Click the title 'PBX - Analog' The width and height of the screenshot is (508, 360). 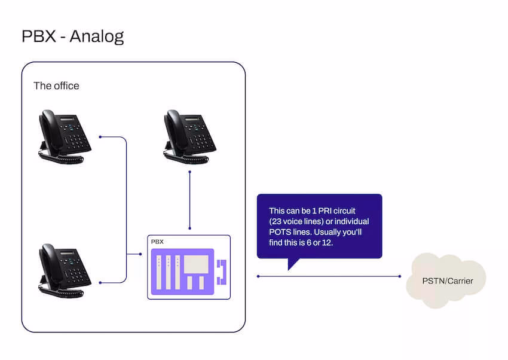pyautogui.click(x=72, y=36)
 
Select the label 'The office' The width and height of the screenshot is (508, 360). pyautogui.click(x=56, y=86)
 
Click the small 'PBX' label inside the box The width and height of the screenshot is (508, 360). pyautogui.click(x=157, y=242)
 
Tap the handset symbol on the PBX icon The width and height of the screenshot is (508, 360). pyautogui.click(x=222, y=271)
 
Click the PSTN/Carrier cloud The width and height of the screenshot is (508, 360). pyautogui.click(x=446, y=279)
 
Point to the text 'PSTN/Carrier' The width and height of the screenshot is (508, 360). pyautogui.click(x=446, y=280)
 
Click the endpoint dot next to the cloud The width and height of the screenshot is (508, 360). pyautogui.click(x=400, y=276)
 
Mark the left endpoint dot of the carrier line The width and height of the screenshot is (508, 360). pyautogui.click(x=258, y=276)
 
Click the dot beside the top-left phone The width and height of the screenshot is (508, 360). pyautogui.click(x=100, y=137)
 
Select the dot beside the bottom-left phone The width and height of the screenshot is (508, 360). pyautogui.click(x=100, y=282)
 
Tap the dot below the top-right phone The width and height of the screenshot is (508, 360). pyautogui.click(x=189, y=172)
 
